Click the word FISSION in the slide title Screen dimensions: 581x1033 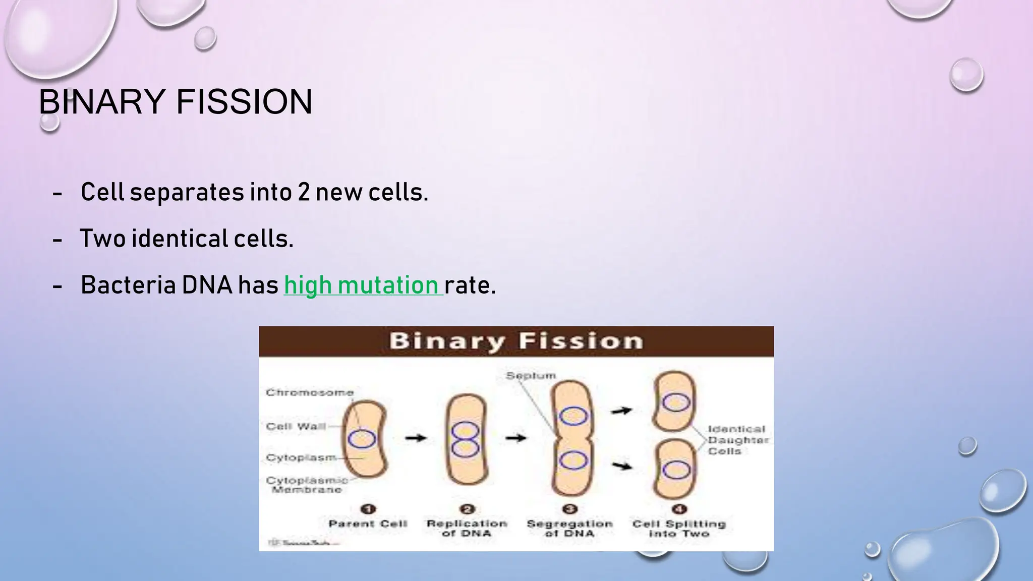coord(244,102)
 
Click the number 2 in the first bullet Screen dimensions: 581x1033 coord(303,193)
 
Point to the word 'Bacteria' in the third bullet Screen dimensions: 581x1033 coord(128,285)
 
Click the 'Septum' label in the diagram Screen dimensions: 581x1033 coord(531,376)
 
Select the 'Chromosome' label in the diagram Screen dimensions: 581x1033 coord(310,392)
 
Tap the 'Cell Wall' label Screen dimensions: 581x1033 coord(296,427)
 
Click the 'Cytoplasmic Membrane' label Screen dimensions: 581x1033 coord(307,485)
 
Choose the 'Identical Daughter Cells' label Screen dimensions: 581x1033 coord(737,440)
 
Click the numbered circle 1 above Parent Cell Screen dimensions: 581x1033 coord(368,509)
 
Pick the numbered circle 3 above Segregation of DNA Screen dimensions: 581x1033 coord(569,509)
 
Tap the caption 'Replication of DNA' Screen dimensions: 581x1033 coord(467,528)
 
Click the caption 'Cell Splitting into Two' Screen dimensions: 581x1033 coord(679,528)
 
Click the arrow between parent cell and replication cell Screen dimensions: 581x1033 coord(416,438)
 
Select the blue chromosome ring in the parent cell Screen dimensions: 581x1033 coord(362,439)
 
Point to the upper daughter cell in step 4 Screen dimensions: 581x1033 coord(675,401)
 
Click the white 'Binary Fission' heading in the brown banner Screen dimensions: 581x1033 coord(516,341)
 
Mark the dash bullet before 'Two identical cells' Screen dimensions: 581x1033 coord(58,240)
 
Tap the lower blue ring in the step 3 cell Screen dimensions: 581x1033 coord(573,460)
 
